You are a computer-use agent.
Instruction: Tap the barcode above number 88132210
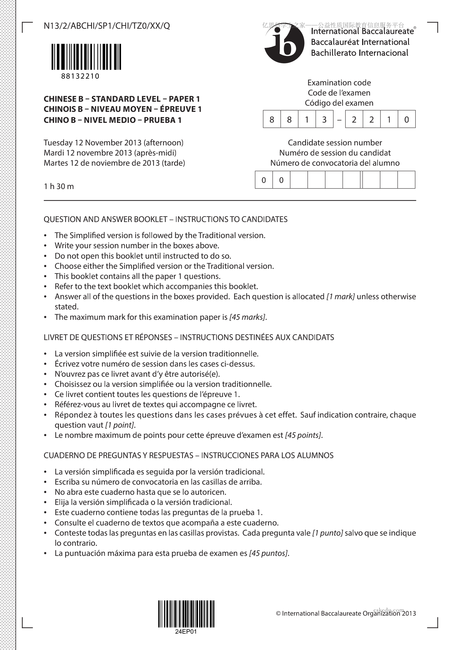click(87, 57)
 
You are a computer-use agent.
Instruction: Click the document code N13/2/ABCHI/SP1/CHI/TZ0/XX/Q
click(107, 26)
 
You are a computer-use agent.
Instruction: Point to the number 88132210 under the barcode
click(80, 76)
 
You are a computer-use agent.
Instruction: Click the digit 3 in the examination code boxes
click(324, 119)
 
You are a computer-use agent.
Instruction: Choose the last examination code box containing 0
click(406, 119)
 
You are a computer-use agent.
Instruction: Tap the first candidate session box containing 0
click(264, 180)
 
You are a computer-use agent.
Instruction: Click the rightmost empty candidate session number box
click(406, 180)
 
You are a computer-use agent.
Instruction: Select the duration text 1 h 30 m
click(59, 186)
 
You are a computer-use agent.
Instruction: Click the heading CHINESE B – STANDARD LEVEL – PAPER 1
click(122, 99)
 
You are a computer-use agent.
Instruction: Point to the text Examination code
click(339, 83)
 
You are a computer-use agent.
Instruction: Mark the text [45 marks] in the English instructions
click(247, 317)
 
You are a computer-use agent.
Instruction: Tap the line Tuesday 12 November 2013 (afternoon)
click(114, 143)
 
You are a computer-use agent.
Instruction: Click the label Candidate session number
click(335, 143)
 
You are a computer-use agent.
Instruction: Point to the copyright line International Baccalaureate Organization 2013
click(346, 613)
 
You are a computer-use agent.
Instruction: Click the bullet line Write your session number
click(137, 245)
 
